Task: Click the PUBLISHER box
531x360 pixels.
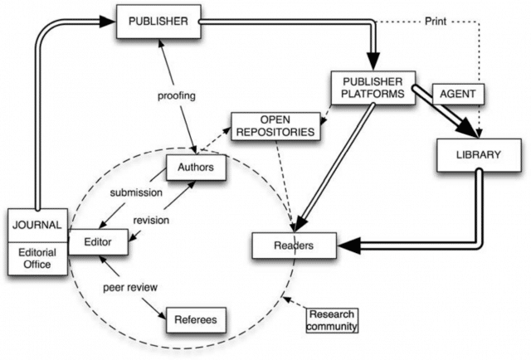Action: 158,21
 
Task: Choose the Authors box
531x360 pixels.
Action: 195,168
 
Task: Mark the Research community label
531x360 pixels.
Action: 332,320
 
